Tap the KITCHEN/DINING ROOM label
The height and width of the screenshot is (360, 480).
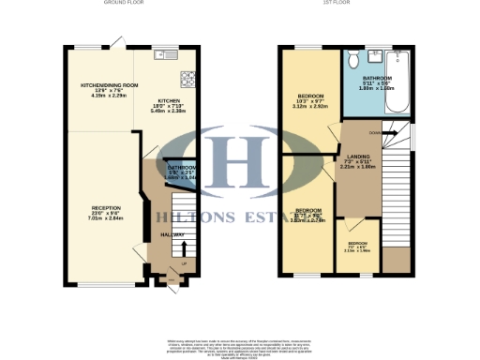(x=109, y=85)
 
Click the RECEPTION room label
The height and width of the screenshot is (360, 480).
(x=106, y=207)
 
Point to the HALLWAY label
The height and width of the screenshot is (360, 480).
(x=171, y=234)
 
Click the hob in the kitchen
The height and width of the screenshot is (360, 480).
(x=187, y=79)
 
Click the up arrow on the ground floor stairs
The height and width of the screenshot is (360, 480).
(x=184, y=247)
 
